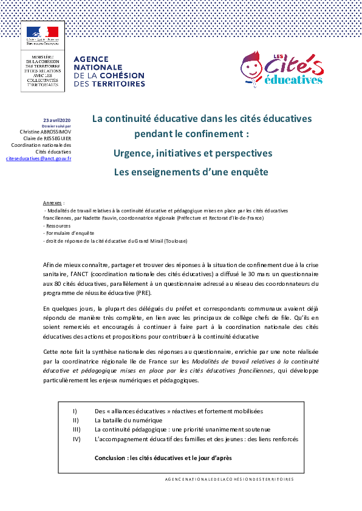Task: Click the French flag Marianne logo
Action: click(x=43, y=32)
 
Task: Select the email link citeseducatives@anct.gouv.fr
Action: click(x=38, y=159)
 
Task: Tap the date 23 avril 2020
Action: click(x=56, y=120)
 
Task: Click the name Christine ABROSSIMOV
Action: click(x=46, y=132)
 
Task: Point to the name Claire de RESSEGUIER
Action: click(x=47, y=138)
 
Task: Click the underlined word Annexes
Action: click(x=52, y=203)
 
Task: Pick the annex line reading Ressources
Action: click(x=56, y=226)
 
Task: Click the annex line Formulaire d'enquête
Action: click(x=69, y=233)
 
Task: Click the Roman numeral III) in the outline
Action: click(x=77, y=430)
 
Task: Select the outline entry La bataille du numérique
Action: click(x=129, y=421)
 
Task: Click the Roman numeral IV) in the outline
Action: click(x=77, y=439)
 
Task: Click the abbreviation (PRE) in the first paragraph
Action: click(x=144, y=293)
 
